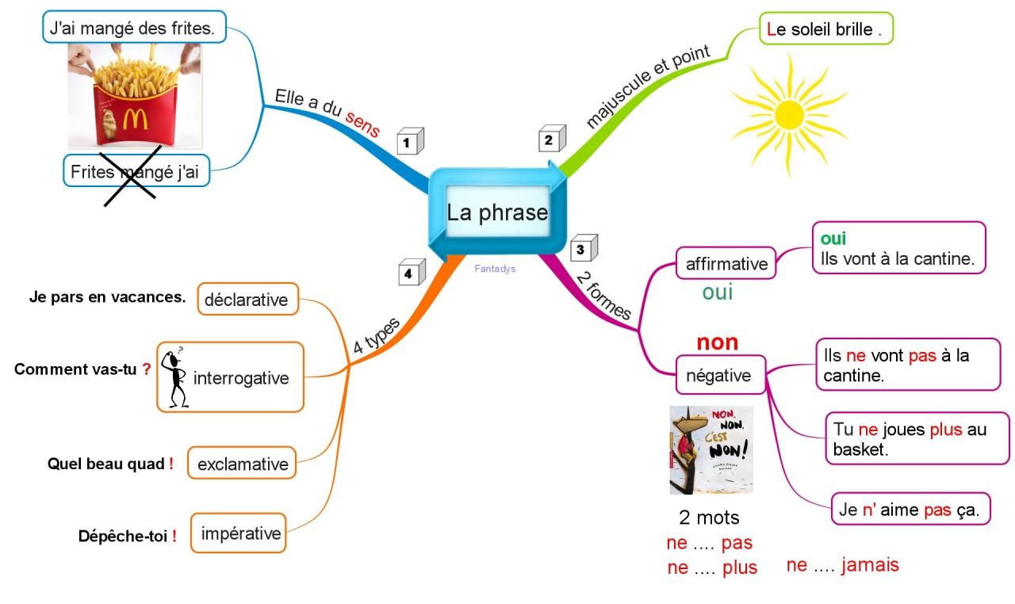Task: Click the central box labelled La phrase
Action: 497,212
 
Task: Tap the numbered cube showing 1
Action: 409,142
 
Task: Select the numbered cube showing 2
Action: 551,140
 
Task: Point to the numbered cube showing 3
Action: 583,249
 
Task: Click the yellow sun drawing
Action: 788,115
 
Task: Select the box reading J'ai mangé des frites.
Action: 134,26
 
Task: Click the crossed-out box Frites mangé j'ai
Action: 136,170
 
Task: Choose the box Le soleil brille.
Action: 825,30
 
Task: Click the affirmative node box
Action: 726,263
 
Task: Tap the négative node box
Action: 720,375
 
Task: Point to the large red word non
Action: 717,342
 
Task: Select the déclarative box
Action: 247,300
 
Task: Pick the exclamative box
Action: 242,464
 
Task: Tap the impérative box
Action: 240,533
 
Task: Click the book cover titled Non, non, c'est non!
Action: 710,450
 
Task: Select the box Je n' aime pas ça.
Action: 910,510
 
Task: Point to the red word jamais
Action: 870,565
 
